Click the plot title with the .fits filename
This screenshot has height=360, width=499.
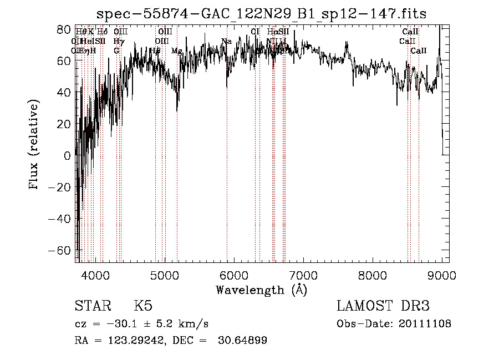pos(261,13)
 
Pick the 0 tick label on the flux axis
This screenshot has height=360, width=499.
pos(67,156)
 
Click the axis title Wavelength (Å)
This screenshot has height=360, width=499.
pos(261,290)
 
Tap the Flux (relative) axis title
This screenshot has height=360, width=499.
pos(34,145)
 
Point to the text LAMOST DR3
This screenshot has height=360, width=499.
pos(383,306)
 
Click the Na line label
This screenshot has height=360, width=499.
pos(226,41)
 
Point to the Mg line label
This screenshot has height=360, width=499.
pos(177,50)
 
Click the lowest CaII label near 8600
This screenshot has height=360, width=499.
pos(419,50)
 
